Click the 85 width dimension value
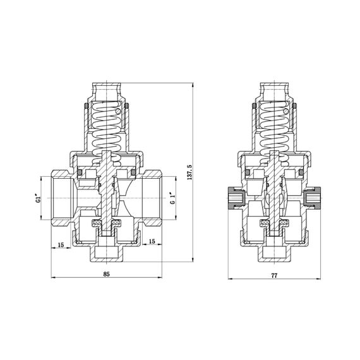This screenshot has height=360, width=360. (106, 274)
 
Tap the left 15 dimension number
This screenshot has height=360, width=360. (61, 244)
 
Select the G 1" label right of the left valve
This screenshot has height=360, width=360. (172, 201)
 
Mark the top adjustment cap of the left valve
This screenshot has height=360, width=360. (106, 88)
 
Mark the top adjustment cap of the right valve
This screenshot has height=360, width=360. (274, 88)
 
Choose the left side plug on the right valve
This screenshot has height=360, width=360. (235, 200)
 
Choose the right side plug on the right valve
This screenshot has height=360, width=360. (312, 200)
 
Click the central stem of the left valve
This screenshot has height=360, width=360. (106, 189)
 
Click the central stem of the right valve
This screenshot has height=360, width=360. (274, 189)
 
